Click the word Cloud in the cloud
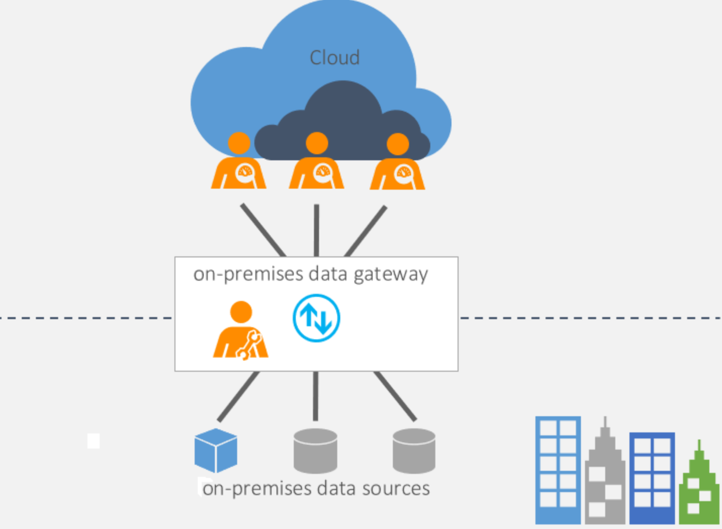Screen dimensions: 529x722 (334, 58)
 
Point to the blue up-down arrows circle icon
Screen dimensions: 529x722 (317, 318)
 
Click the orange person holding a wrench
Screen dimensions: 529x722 (241, 332)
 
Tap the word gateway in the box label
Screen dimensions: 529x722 (390, 275)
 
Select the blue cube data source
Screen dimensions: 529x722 (216, 450)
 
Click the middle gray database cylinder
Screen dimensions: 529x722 (315, 451)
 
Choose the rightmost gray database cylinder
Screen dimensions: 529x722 (414, 451)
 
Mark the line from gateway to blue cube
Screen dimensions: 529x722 (238, 396)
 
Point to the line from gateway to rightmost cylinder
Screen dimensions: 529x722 (395, 396)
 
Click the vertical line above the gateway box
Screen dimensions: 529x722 (317, 231)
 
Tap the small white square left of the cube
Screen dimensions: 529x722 (94, 440)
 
